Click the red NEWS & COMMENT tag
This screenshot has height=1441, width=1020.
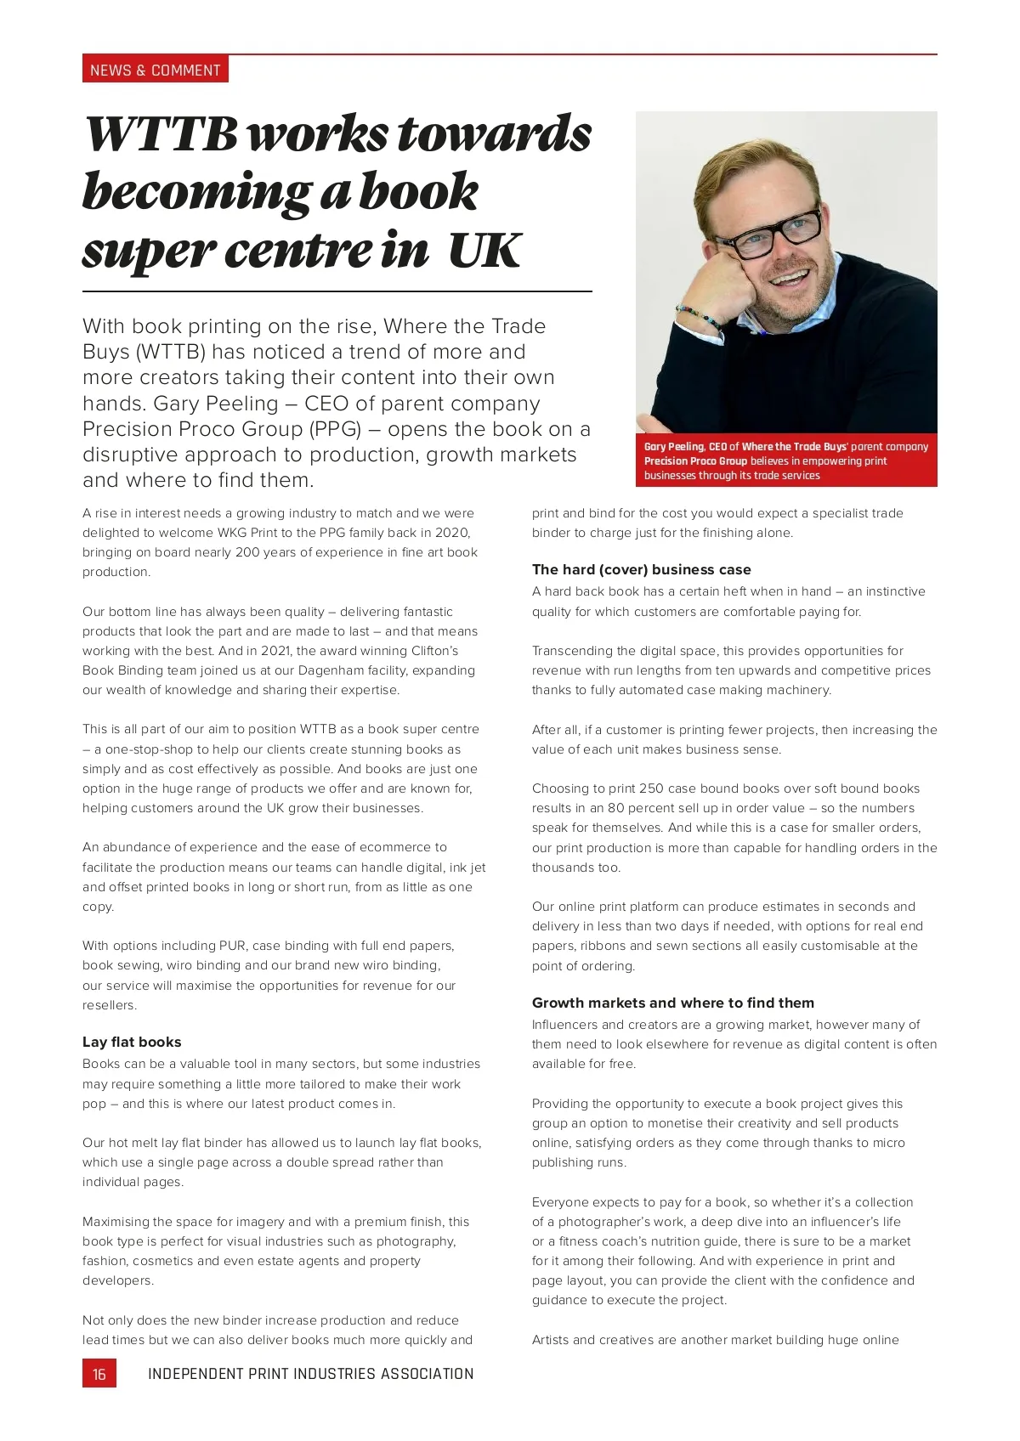click(x=156, y=70)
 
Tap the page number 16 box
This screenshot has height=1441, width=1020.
click(x=99, y=1374)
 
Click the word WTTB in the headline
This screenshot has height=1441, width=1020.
click(x=161, y=134)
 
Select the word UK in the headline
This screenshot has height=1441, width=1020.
click(x=484, y=251)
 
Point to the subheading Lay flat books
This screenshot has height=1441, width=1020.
click(x=132, y=1042)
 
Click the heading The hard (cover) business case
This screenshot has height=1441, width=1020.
click(x=641, y=569)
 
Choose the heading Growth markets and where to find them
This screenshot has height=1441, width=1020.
click(x=672, y=1003)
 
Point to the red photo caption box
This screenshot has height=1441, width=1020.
click(x=786, y=461)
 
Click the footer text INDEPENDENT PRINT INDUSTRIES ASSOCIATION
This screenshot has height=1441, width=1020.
click(x=310, y=1374)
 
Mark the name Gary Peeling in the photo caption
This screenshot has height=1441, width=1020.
click(x=674, y=446)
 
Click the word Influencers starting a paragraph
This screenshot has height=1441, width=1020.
click(x=564, y=1025)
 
